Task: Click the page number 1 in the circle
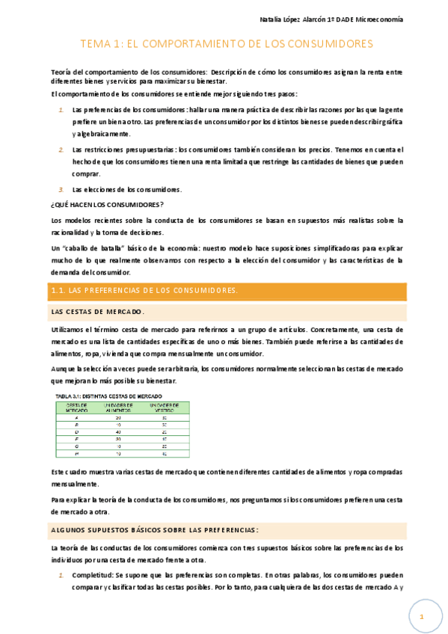click(422, 617)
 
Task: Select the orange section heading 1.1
click(144, 290)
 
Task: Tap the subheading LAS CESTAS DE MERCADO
click(97, 311)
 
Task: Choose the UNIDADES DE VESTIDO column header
click(164, 407)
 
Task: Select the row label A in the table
click(77, 416)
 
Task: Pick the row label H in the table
click(77, 453)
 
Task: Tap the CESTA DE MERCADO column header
click(77, 407)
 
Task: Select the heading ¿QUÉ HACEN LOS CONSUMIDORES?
click(107, 204)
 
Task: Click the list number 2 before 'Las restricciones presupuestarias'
click(61, 150)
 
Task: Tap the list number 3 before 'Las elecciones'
click(61, 189)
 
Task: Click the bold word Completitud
click(93, 575)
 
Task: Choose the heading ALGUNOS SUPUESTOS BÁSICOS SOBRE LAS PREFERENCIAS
click(155, 530)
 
